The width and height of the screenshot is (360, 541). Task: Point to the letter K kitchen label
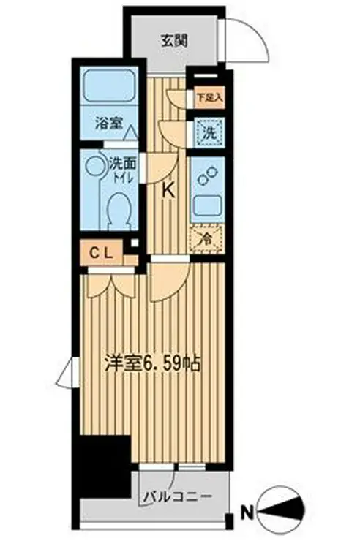tap(168, 192)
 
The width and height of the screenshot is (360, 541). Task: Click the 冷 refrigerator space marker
tap(205, 238)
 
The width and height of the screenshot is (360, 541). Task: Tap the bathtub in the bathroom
tap(110, 87)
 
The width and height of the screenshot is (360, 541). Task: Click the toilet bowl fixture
tap(116, 211)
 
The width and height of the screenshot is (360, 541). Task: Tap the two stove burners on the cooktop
tap(207, 175)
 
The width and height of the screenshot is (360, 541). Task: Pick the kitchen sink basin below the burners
tap(206, 206)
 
